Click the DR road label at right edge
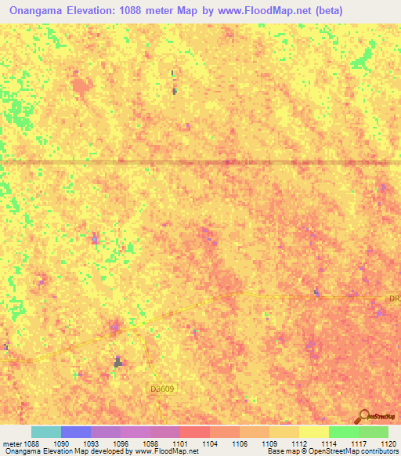(394, 299)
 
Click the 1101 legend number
(180, 443)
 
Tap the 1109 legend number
(269, 443)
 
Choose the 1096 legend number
(121, 443)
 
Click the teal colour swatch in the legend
(46, 432)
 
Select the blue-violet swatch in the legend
(76, 432)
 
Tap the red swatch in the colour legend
(195, 432)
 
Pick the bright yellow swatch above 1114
(313, 432)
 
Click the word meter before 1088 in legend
(10, 443)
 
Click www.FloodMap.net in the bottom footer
(167, 452)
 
